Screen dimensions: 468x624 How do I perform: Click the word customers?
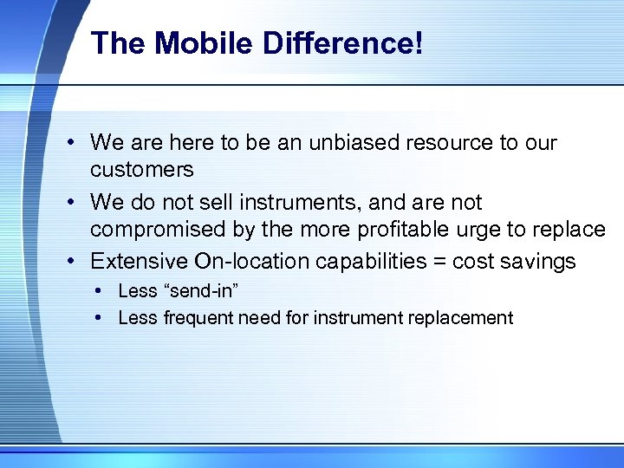coord(141,168)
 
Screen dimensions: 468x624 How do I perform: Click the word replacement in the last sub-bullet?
coord(464,319)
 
